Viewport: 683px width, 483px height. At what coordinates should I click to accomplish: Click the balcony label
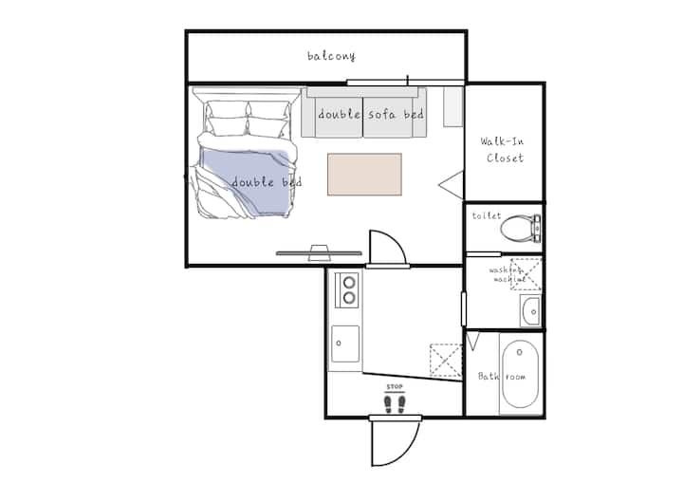click(x=331, y=56)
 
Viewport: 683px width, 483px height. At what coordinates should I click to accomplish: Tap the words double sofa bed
click(x=371, y=114)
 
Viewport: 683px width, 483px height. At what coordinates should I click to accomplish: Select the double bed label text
click(x=267, y=182)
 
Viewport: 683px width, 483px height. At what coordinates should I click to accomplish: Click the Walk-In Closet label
click(x=503, y=150)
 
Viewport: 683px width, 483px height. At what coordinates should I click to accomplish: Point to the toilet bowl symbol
click(x=520, y=228)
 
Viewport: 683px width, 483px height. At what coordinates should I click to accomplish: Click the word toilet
click(x=487, y=215)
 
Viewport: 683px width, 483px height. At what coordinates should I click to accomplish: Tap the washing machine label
click(x=507, y=274)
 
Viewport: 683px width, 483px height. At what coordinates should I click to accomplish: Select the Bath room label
click(x=502, y=376)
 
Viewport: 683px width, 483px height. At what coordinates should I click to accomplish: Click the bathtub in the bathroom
click(x=520, y=374)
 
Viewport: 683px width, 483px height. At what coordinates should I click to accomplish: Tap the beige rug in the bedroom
click(x=364, y=175)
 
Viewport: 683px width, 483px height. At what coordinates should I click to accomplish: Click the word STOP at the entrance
click(x=395, y=386)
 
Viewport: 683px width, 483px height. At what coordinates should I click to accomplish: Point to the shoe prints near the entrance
click(x=395, y=403)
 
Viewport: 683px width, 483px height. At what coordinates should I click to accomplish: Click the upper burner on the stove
click(x=348, y=283)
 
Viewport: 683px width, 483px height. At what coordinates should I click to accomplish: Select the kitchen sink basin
click(x=345, y=344)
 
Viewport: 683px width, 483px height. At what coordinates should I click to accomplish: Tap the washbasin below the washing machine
click(x=531, y=311)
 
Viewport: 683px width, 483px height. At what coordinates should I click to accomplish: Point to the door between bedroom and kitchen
click(x=387, y=248)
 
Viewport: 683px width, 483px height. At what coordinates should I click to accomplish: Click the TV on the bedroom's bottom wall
click(x=319, y=253)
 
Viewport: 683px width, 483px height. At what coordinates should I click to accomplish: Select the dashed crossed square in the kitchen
click(x=445, y=360)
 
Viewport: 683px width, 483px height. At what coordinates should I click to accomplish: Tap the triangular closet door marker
click(x=452, y=185)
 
